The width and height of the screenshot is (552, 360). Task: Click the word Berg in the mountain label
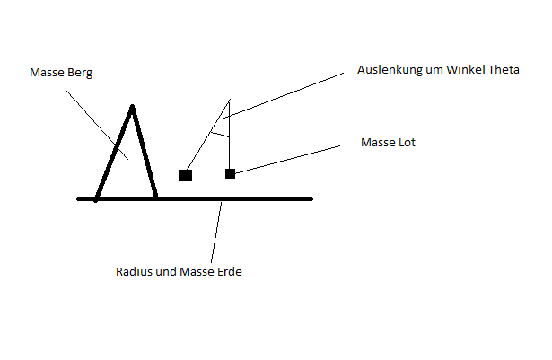click(x=80, y=73)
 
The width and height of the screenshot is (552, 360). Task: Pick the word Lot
click(x=407, y=143)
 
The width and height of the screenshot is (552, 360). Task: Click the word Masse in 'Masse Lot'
click(x=379, y=143)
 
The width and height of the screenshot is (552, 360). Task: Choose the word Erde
click(x=230, y=272)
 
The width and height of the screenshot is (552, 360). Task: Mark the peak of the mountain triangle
click(x=132, y=105)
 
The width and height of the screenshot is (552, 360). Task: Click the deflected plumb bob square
click(x=185, y=175)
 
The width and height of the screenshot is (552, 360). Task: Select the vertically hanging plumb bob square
click(x=231, y=173)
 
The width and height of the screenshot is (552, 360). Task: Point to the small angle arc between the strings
click(x=221, y=134)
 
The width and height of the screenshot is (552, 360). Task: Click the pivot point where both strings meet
click(x=230, y=100)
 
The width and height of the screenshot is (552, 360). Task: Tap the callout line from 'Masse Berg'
click(x=97, y=125)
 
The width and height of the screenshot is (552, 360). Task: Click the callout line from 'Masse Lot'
click(x=287, y=159)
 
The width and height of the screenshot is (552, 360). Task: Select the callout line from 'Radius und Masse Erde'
click(x=216, y=233)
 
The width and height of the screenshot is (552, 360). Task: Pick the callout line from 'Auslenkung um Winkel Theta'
click(x=283, y=96)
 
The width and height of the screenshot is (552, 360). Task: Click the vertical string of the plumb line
click(x=230, y=135)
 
